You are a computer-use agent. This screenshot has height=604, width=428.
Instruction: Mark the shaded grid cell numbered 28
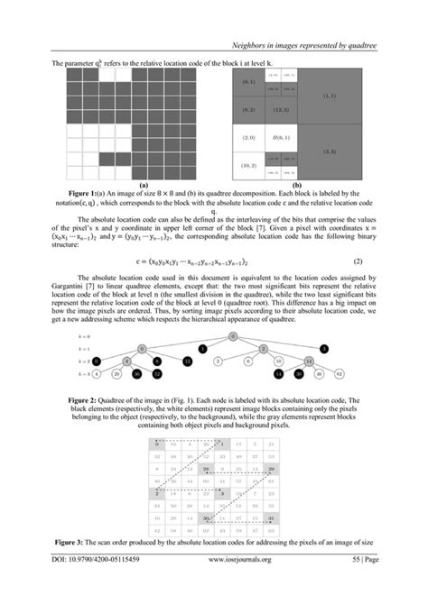[x=208, y=470]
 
